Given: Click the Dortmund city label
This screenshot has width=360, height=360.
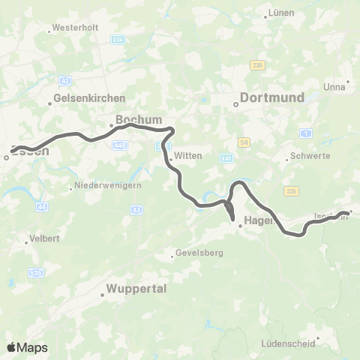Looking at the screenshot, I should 271,97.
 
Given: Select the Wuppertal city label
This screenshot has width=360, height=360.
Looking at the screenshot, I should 136,288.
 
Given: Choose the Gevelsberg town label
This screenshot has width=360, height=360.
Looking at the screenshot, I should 199,253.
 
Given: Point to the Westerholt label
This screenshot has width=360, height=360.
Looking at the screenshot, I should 73,30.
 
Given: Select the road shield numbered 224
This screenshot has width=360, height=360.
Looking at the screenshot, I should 117,38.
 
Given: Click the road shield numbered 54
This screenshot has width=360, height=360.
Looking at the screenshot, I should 244,142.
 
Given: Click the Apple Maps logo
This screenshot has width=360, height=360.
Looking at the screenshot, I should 27,347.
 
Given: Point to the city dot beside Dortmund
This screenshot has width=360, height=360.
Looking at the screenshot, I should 235,105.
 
